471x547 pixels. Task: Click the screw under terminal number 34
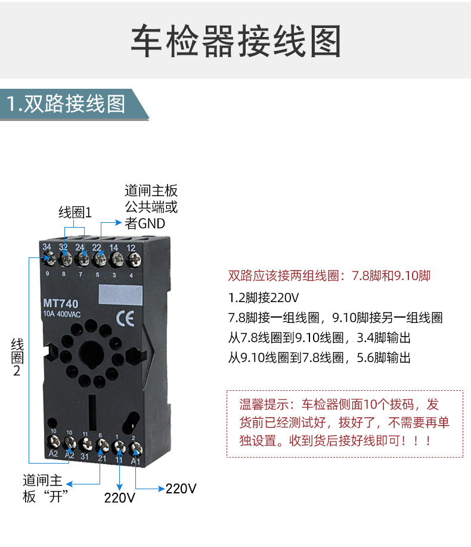click(x=48, y=259)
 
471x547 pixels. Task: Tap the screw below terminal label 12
click(x=132, y=259)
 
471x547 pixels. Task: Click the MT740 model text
click(x=61, y=303)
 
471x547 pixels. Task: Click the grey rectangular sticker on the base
click(x=122, y=295)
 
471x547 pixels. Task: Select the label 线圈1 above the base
click(x=75, y=213)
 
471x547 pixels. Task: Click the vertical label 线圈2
click(x=17, y=357)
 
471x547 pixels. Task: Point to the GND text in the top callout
click(x=152, y=224)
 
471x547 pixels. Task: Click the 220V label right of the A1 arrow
click(x=181, y=489)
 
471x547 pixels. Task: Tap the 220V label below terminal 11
click(x=120, y=498)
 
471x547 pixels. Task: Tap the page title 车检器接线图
click(x=235, y=41)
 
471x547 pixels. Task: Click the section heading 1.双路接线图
click(x=66, y=104)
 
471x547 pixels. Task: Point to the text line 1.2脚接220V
click(x=264, y=297)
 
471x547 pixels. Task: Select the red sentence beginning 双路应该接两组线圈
click(x=329, y=276)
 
